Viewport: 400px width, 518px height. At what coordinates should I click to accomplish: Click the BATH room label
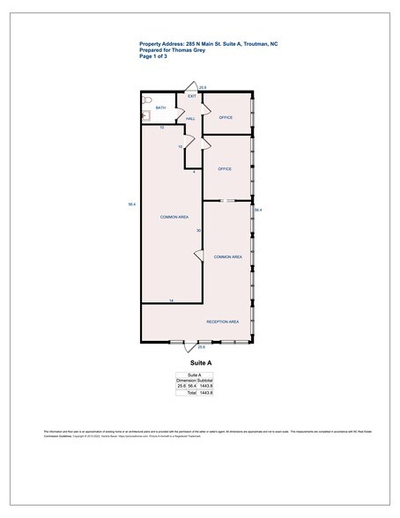pyautogui.click(x=160, y=107)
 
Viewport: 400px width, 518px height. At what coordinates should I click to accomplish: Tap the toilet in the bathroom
pyautogui.click(x=148, y=100)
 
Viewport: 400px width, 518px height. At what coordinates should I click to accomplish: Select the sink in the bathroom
pyautogui.click(x=147, y=114)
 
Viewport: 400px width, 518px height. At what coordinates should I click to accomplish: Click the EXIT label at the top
pyautogui.click(x=191, y=95)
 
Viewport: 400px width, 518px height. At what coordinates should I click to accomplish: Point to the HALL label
pyautogui.click(x=189, y=117)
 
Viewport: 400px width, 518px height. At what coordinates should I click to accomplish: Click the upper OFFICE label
pyautogui.click(x=226, y=117)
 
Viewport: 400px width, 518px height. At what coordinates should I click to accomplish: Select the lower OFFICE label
pyautogui.click(x=225, y=168)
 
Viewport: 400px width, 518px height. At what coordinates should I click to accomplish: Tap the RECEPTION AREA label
pyautogui.click(x=223, y=322)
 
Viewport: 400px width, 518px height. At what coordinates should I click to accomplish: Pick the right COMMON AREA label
pyautogui.click(x=227, y=256)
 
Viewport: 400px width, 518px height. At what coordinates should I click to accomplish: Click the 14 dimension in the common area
pyautogui.click(x=171, y=301)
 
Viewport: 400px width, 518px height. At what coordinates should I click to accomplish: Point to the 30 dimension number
pyautogui.click(x=198, y=231)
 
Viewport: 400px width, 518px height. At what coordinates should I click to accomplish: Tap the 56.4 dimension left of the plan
pyautogui.click(x=131, y=205)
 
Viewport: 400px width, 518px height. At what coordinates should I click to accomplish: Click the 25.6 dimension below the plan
pyautogui.click(x=201, y=347)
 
